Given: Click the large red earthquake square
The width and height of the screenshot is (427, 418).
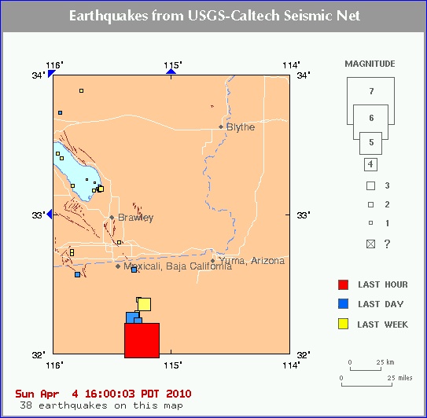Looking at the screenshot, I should (x=142, y=340).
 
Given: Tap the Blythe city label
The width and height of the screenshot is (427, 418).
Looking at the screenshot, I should (x=240, y=126).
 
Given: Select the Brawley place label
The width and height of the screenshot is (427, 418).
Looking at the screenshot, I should (x=135, y=218).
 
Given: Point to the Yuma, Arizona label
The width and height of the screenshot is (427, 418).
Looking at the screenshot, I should (x=252, y=261).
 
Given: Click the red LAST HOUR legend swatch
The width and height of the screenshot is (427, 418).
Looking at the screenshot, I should (x=342, y=284).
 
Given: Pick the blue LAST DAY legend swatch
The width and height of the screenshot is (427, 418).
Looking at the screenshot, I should (x=342, y=304).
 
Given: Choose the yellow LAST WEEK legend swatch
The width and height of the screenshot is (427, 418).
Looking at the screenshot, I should (x=342, y=324).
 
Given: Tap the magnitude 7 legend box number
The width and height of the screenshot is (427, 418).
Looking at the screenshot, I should (x=370, y=92).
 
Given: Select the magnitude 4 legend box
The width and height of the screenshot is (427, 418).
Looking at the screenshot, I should (x=370, y=165).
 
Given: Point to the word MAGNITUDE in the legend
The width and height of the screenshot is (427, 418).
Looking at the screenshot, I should (x=370, y=64).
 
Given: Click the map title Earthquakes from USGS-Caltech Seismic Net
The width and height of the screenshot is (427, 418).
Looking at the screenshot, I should (x=213, y=16).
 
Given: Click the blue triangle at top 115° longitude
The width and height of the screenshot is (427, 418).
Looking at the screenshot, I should (x=171, y=71).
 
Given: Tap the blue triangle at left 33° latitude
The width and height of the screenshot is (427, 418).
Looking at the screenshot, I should (x=50, y=214).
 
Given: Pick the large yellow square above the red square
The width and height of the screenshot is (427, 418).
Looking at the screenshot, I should (x=144, y=304).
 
